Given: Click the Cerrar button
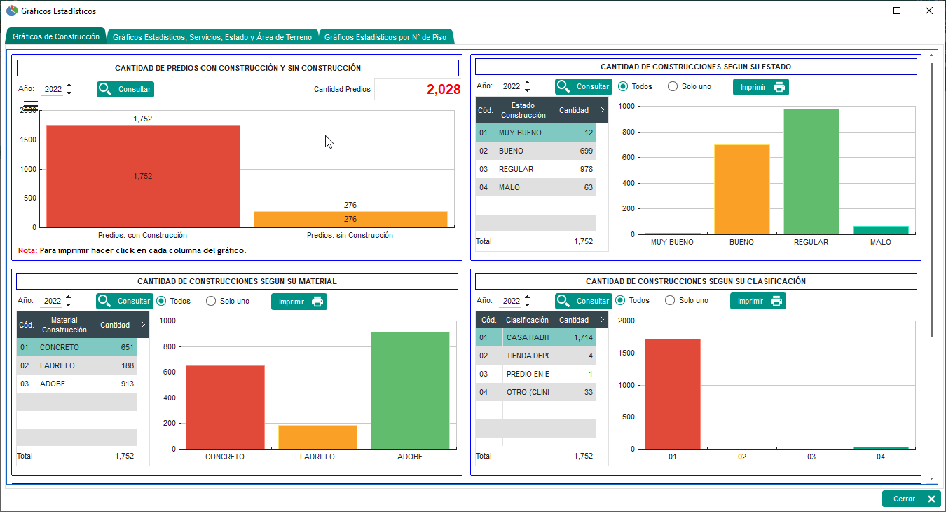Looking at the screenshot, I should pyautogui.click(x=910, y=499).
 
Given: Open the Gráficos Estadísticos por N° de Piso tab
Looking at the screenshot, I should pyautogui.click(x=386, y=37).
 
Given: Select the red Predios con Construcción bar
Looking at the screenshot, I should pyautogui.click(x=143, y=175).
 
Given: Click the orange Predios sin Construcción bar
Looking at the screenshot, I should pyautogui.click(x=350, y=219).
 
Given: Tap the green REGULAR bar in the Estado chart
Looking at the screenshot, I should pyautogui.click(x=811, y=172).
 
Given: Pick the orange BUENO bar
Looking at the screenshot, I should pyautogui.click(x=741, y=189).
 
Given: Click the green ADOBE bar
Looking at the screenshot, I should pyautogui.click(x=410, y=390).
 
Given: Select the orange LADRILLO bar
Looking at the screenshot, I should pyautogui.click(x=317, y=437).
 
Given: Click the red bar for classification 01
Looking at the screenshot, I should pyautogui.click(x=672, y=393).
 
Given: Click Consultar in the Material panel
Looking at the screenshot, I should pyautogui.click(x=125, y=301).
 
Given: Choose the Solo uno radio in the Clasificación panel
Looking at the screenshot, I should pyautogui.click(x=670, y=300).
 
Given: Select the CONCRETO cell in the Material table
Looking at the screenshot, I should pyautogui.click(x=64, y=347).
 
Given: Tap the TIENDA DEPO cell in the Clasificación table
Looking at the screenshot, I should pyautogui.click(x=527, y=356).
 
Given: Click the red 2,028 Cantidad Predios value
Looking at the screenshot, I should pyautogui.click(x=443, y=89).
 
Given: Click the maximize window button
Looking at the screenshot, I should pyautogui.click(x=897, y=11).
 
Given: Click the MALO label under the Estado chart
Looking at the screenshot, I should pyautogui.click(x=880, y=242).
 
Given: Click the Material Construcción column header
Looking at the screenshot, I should pyautogui.click(x=64, y=325).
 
